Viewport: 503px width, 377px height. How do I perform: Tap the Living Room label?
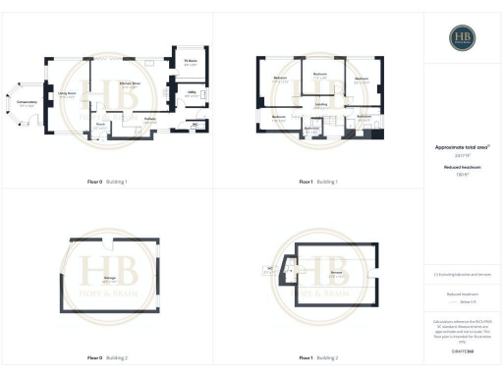point(68,94)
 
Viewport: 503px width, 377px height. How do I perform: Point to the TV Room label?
point(192,62)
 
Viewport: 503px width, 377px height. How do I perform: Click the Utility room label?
point(193,93)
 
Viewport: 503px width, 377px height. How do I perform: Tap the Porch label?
point(100,126)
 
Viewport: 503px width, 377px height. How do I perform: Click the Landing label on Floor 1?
point(320,103)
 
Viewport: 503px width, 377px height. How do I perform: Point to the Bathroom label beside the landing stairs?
point(363,116)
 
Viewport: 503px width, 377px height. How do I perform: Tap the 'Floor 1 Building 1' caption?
point(318,182)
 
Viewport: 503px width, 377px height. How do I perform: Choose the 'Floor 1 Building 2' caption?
point(318,357)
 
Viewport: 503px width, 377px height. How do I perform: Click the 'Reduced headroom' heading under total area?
point(462,168)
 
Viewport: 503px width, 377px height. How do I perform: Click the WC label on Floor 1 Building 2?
point(268,270)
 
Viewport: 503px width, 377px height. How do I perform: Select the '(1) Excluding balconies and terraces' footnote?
point(462,275)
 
